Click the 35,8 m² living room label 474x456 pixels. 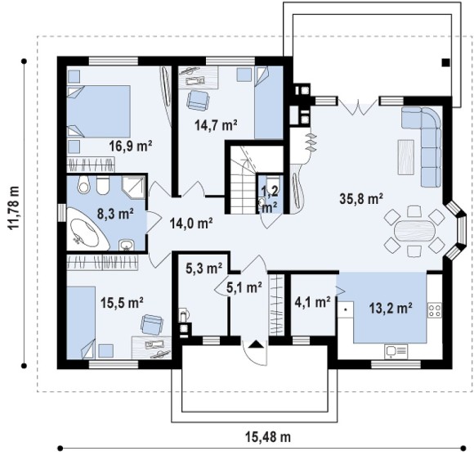[x=361, y=199]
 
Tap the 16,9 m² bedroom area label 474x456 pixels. [x=130, y=146]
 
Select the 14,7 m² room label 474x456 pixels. [x=216, y=124]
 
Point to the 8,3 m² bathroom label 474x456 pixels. [x=115, y=214]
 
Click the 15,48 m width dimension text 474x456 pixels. [x=268, y=437]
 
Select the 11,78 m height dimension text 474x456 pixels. [x=14, y=208]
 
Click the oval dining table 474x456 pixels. [x=415, y=231]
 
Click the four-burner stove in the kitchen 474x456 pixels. [x=435, y=310]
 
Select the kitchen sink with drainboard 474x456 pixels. [x=396, y=351]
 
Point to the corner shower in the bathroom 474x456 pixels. [x=133, y=187]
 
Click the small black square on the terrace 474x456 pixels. [x=446, y=63]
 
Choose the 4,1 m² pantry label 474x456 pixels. [x=312, y=302]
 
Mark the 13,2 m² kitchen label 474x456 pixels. [x=391, y=308]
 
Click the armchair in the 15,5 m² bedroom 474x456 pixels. [x=152, y=324]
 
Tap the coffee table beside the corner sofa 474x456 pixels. [x=406, y=157]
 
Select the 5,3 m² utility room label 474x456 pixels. [x=204, y=269]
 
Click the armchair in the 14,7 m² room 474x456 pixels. [x=198, y=100]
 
